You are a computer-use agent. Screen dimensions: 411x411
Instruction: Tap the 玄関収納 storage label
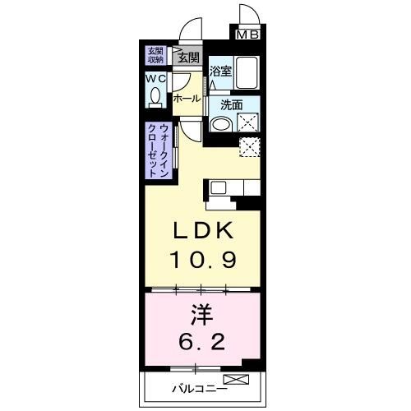155,55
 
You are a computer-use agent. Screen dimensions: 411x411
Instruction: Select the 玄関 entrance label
188,58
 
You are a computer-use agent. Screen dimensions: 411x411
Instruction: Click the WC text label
155,78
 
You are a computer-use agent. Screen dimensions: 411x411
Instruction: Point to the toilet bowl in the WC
155,98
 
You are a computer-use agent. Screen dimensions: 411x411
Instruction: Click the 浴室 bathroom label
219,72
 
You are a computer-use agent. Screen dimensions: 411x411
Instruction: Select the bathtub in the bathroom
244,73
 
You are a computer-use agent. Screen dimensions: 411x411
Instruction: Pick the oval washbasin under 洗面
219,125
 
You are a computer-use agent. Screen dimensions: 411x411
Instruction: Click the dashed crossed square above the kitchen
249,147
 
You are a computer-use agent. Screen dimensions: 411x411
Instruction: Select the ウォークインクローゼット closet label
159,150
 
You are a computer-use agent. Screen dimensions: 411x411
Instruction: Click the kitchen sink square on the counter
219,187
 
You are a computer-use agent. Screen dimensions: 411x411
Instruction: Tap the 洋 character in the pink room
204,313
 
